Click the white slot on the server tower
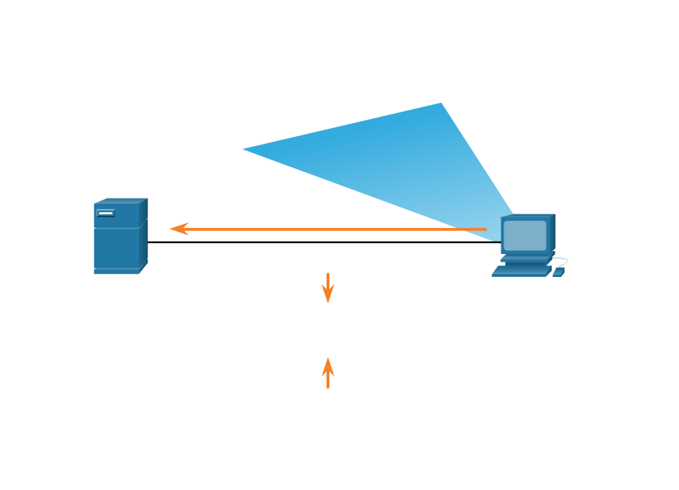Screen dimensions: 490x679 105,213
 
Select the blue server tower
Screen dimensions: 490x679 117,237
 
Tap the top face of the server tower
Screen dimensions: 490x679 121,201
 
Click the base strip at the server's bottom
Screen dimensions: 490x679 116,271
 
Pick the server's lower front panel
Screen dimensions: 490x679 116,248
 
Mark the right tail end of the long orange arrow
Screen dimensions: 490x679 485,230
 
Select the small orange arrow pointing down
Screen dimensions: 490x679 328,289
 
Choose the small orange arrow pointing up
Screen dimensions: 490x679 328,372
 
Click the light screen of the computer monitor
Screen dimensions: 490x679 524,235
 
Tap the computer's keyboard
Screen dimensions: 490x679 521,271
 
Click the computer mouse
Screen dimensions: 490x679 558,272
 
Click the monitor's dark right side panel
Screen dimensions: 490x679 552,232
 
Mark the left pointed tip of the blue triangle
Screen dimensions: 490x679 245,149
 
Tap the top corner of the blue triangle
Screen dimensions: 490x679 440,104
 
